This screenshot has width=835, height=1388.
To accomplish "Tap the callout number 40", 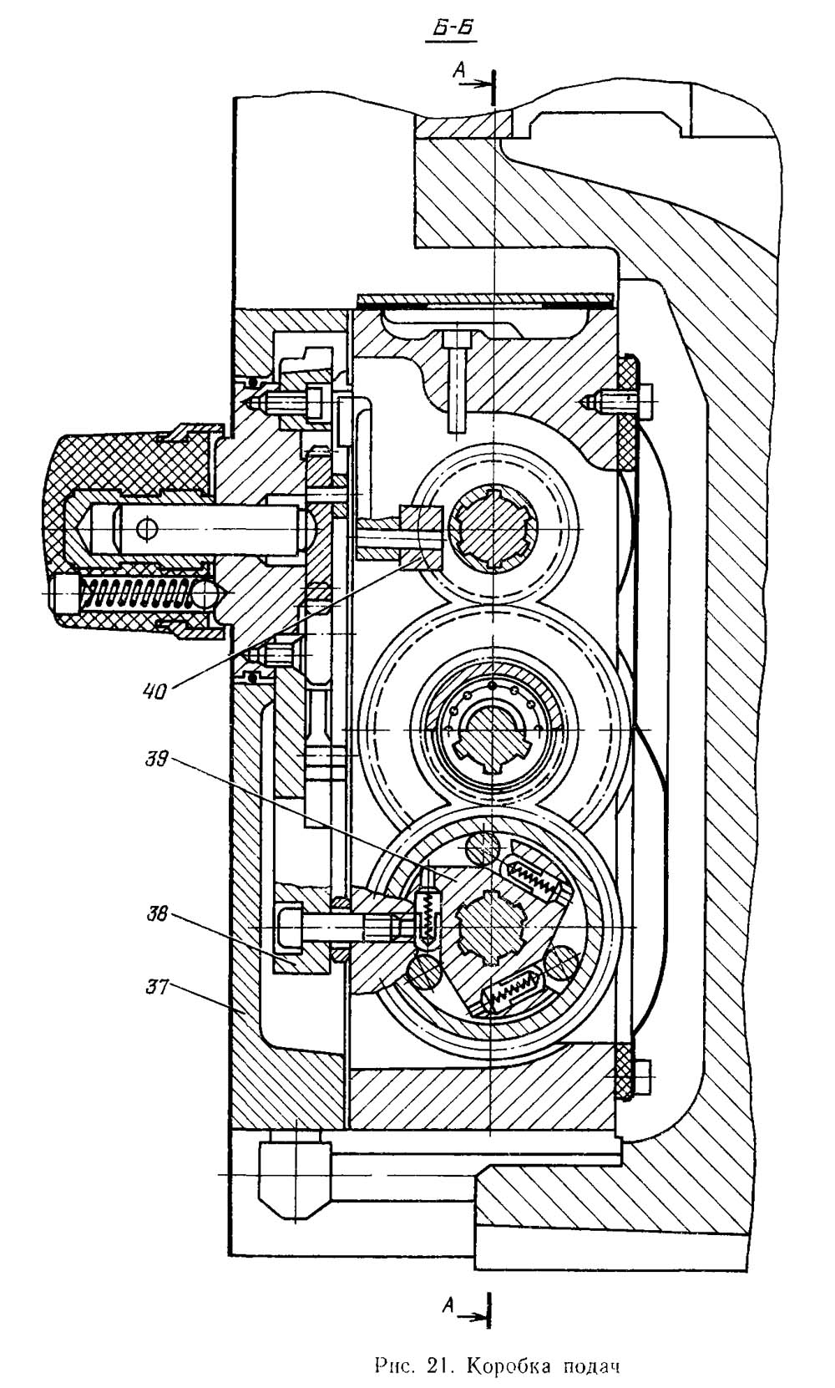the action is [155, 690].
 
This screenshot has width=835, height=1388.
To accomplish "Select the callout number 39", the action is [156, 759].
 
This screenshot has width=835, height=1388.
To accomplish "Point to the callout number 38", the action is [156, 914].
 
